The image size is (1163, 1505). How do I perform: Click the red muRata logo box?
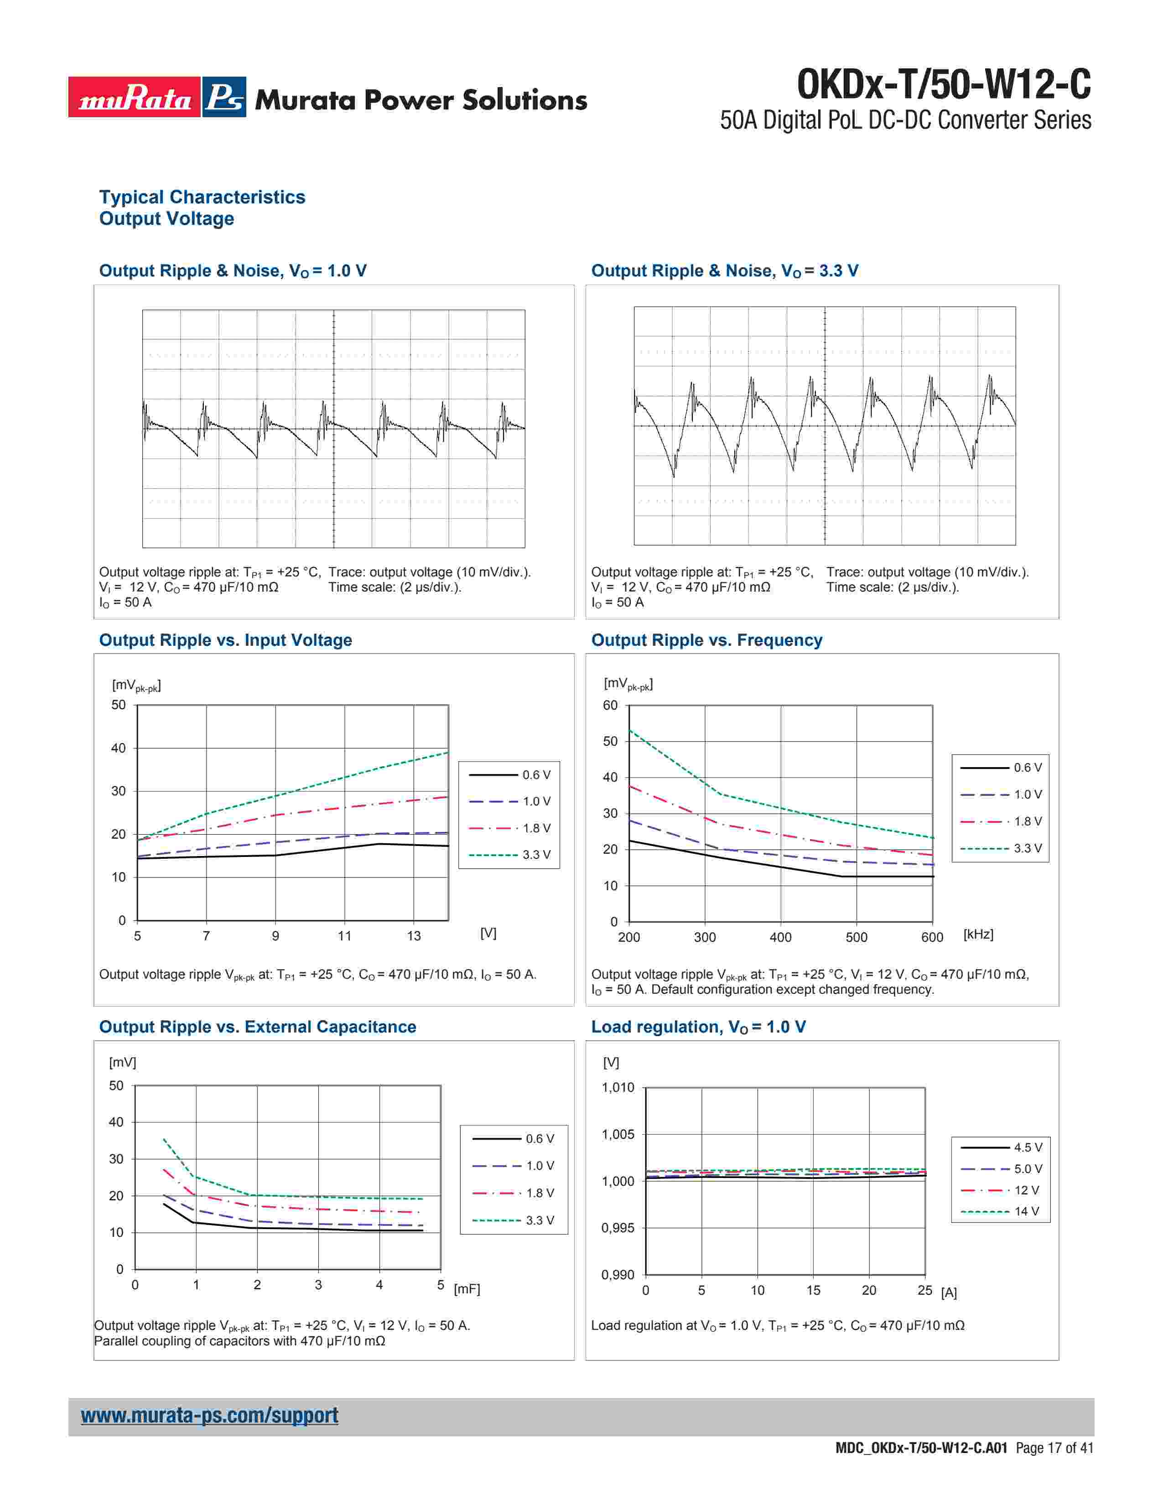point(135,97)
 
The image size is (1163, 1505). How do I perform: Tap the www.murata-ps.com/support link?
point(209,1415)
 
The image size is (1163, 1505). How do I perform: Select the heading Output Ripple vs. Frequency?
point(706,640)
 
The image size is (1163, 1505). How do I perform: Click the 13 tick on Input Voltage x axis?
point(413,936)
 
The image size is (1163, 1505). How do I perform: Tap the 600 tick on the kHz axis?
point(932,937)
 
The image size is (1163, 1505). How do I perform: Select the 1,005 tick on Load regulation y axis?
point(618,1134)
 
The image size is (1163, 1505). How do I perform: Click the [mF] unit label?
point(467,1289)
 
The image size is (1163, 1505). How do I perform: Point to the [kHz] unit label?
point(978,934)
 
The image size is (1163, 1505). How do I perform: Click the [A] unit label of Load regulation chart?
point(949,1293)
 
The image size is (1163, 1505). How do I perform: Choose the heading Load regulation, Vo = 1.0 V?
point(698,1027)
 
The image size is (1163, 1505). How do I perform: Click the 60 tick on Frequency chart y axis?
point(610,706)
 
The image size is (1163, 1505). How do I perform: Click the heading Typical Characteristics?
point(202,197)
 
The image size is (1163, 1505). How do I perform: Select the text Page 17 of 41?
point(1054,1448)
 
